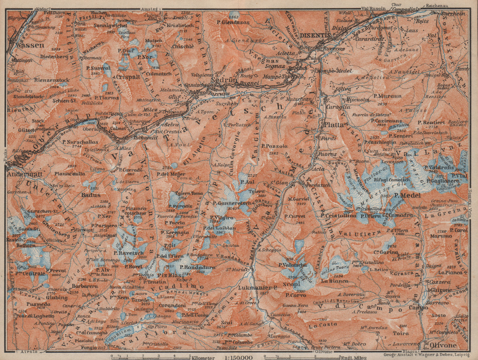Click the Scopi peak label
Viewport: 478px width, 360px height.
(293, 284)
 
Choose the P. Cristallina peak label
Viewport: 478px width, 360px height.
(338, 215)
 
